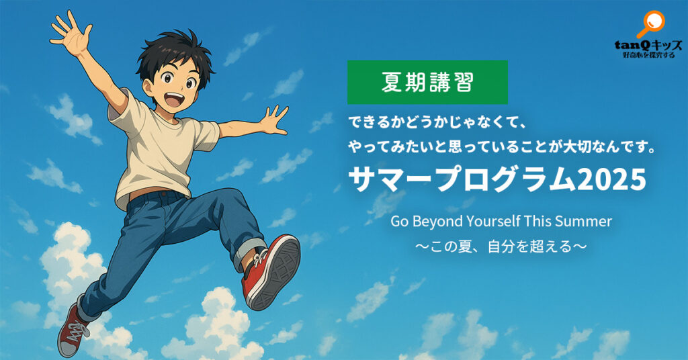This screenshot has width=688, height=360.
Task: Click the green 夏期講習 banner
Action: (x=427, y=82)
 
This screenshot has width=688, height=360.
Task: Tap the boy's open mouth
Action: (x=175, y=99)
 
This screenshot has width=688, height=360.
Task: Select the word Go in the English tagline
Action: (x=400, y=222)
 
